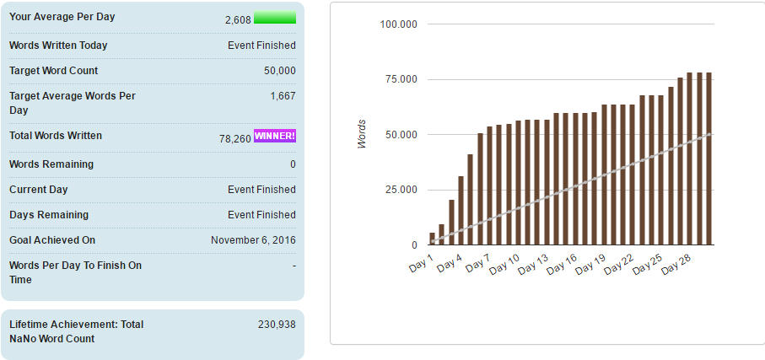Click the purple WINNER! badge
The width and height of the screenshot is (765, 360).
click(x=275, y=136)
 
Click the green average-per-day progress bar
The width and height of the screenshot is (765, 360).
click(x=275, y=17)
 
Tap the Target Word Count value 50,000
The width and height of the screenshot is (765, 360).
click(x=280, y=71)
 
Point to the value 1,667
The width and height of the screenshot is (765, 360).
click(x=283, y=96)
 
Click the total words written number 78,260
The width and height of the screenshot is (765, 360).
click(x=235, y=138)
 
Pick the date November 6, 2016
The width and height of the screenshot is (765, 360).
click(x=254, y=240)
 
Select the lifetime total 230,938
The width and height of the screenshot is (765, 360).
click(x=277, y=325)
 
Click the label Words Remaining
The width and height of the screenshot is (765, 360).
click(x=51, y=164)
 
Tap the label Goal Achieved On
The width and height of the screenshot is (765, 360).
click(x=52, y=240)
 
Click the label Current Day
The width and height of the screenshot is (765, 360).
click(x=39, y=190)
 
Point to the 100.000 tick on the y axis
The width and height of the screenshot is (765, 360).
click(x=399, y=24)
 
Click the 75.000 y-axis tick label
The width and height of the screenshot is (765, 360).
click(x=401, y=79)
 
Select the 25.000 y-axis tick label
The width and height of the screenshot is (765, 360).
click(x=401, y=190)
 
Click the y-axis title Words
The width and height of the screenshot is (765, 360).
click(x=362, y=135)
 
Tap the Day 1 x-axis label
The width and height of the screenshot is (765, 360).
click(x=421, y=265)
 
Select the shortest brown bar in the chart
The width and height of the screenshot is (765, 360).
click(x=433, y=239)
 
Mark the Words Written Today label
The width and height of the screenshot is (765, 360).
click(x=58, y=46)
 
